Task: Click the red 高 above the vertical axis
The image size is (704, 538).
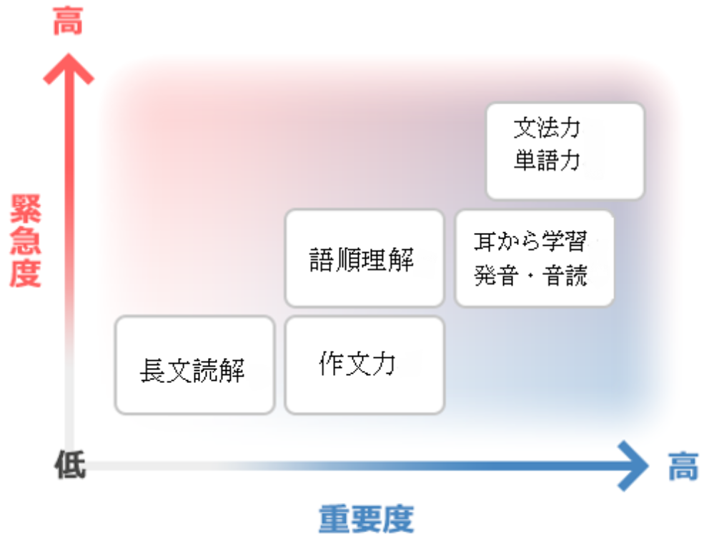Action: [68, 21]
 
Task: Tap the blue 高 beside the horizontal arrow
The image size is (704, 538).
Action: [683, 467]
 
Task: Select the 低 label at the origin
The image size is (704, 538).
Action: [70, 464]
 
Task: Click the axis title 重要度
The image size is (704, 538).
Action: [366, 519]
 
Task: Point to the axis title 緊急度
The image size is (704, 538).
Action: [26, 241]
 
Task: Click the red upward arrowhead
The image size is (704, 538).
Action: [68, 69]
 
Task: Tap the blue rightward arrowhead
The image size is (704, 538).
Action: [633, 466]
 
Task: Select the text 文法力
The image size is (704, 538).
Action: [547, 128]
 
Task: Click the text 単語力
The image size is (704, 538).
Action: [547, 160]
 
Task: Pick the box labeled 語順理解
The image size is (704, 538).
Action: [365, 258]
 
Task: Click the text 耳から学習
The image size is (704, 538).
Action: [530, 241]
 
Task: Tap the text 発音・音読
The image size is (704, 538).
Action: [530, 275]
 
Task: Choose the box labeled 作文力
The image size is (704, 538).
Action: [365, 365]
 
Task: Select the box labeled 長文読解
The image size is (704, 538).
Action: [194, 365]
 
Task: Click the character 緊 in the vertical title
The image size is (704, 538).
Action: [26, 209]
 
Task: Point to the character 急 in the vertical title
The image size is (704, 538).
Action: [26, 241]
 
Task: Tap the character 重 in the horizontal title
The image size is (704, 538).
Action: [334, 519]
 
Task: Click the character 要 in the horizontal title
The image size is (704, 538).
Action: [366, 519]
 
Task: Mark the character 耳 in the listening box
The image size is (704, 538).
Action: [485, 241]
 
